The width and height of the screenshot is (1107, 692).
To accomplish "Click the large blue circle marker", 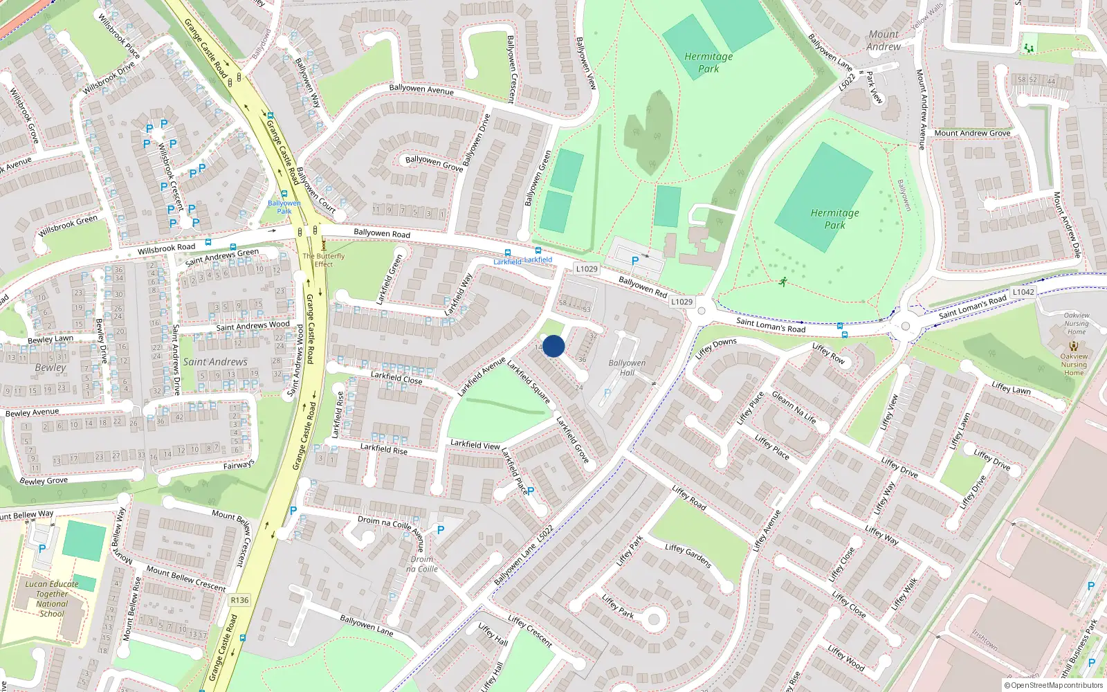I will [553, 346].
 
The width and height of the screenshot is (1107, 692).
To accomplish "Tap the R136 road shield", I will [239, 600].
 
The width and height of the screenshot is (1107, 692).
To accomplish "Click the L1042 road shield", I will [1023, 292].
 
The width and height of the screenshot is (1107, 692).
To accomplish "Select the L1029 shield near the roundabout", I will [681, 302].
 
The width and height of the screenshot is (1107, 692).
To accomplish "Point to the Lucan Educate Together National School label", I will [52, 599].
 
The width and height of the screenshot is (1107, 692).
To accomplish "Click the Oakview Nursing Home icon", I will [1074, 345].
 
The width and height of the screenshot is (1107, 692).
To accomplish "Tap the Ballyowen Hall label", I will [627, 367].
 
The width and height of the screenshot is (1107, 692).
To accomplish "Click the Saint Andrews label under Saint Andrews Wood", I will [215, 362].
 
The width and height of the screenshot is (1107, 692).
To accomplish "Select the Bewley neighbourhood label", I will [51, 367].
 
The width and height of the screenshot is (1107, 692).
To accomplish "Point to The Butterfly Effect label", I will [323, 259].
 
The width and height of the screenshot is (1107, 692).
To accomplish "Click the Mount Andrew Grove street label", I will [972, 133].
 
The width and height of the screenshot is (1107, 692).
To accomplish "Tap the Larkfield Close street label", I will [396, 377].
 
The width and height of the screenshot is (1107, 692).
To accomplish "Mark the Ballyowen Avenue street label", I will [421, 89].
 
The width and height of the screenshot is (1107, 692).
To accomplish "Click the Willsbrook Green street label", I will [68, 226].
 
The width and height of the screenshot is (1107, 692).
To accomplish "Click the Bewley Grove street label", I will [44, 480].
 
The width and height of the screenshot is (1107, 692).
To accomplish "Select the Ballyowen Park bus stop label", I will [284, 207].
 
